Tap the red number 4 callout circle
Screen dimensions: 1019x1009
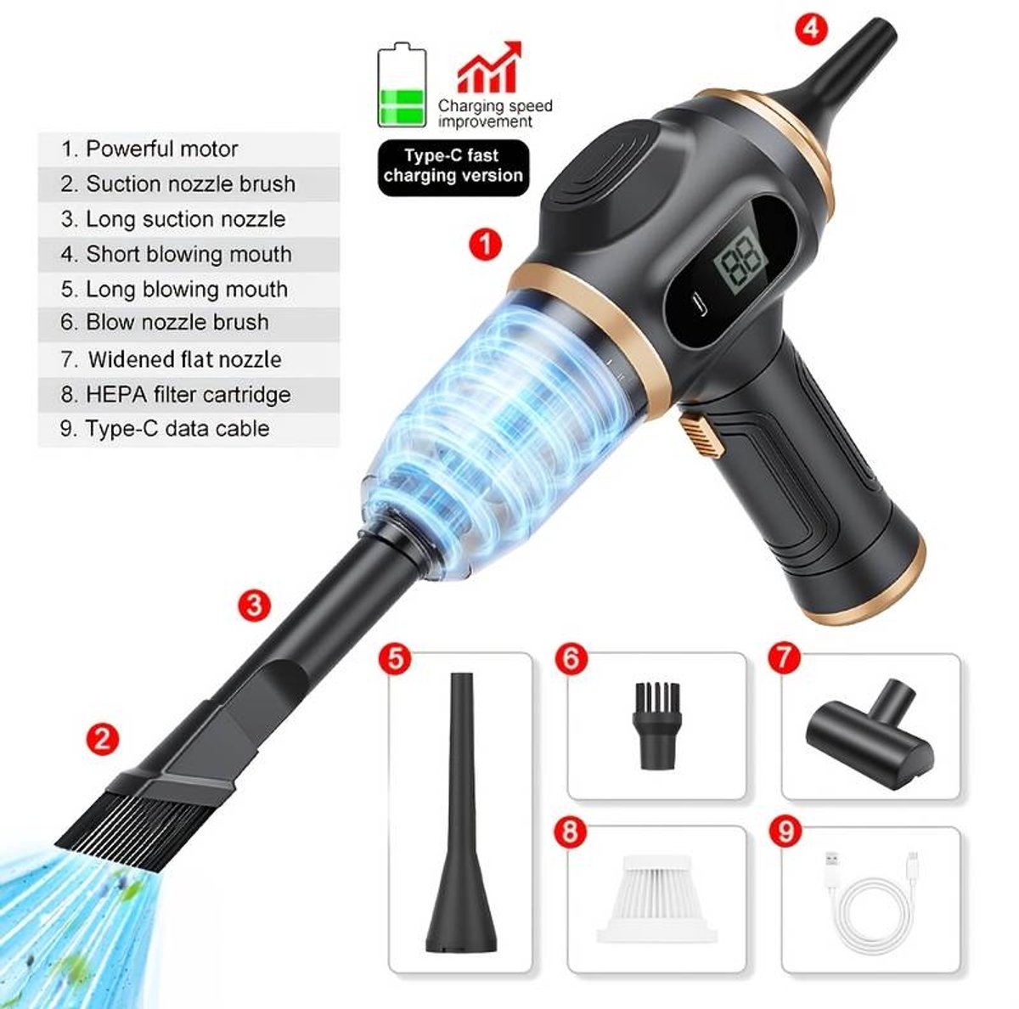810,27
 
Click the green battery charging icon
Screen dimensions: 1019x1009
402,87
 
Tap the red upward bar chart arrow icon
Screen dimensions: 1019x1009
489,67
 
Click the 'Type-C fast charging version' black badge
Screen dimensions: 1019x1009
453,166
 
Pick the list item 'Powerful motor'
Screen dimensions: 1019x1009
162,149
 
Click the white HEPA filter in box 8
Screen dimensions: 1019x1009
656,901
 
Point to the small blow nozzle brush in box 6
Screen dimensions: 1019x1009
656,724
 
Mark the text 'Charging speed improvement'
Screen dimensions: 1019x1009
495,114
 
